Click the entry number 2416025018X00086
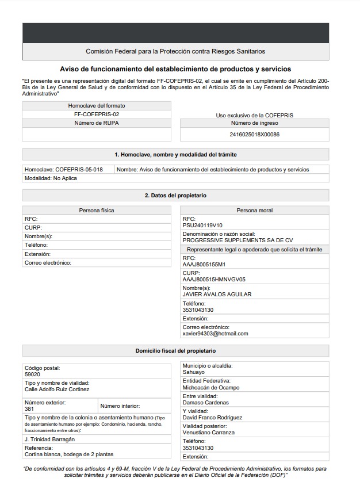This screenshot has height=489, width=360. click(x=254, y=135)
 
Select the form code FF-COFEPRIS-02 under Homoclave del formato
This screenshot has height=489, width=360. click(x=97, y=114)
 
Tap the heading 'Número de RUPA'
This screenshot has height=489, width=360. click(x=97, y=123)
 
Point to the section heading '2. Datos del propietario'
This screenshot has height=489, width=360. click(x=175, y=196)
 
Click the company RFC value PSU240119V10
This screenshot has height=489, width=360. click(x=202, y=226)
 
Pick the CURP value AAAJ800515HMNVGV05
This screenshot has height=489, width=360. click(x=214, y=280)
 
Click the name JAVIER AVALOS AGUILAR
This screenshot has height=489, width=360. click(x=217, y=295)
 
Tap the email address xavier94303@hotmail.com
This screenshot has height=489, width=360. click(x=215, y=334)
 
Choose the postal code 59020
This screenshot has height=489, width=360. click(x=32, y=375)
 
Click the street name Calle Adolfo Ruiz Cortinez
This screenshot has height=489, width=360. click(x=57, y=389)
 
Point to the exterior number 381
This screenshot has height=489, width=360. click(x=29, y=409)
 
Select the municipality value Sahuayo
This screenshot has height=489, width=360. click(x=193, y=372)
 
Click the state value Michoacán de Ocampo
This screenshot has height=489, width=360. click(x=211, y=388)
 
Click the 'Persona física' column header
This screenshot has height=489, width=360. click(x=97, y=211)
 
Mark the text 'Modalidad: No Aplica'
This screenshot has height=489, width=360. click(x=51, y=178)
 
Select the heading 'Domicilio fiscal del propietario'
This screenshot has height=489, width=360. click(x=175, y=351)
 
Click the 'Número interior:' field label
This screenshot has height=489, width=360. click(x=120, y=406)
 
